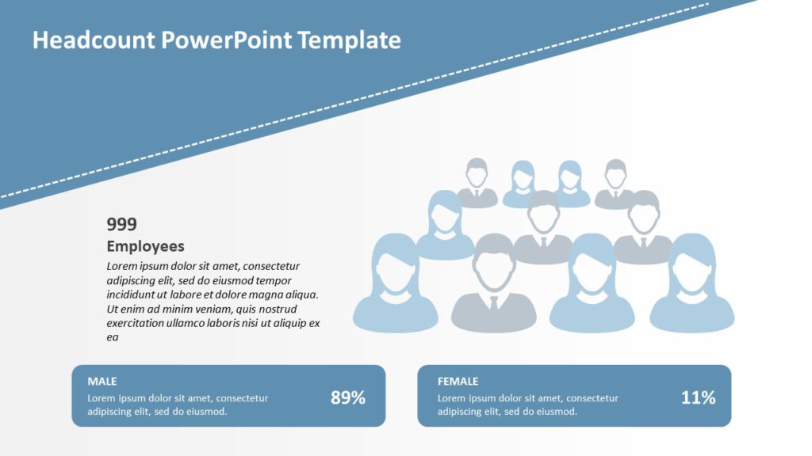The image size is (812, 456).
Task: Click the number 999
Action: coord(121,224)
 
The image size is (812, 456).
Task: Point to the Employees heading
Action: coord(145,246)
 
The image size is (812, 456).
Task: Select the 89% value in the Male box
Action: coord(347,398)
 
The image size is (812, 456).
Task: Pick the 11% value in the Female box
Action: coord(698,398)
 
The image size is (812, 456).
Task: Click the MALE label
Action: coord(102,382)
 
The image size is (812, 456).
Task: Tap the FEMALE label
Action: coord(458,382)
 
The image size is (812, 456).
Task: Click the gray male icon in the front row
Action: coord(493,285)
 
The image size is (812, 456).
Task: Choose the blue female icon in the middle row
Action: coord(445,226)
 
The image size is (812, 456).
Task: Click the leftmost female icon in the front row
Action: coord(395,285)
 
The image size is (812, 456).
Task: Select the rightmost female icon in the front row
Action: coord(691,285)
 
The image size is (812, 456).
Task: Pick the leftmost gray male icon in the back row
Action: coord(477,184)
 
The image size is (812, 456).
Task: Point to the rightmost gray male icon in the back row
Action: coord(615,184)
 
